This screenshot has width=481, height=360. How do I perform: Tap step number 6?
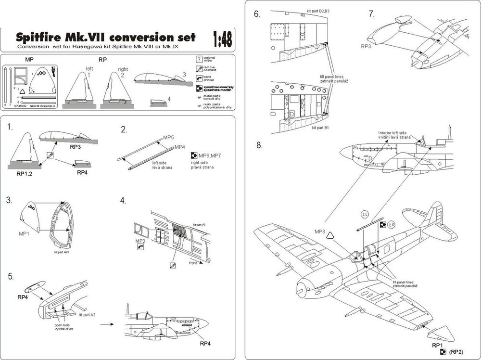(x=257, y=14)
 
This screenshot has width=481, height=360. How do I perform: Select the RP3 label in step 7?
(x=367, y=47)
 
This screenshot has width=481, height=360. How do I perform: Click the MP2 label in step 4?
(x=140, y=240)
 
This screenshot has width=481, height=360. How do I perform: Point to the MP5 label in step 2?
(x=168, y=138)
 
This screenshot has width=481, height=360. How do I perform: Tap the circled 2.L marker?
(x=364, y=214)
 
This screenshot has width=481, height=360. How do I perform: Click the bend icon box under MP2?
(x=140, y=246)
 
